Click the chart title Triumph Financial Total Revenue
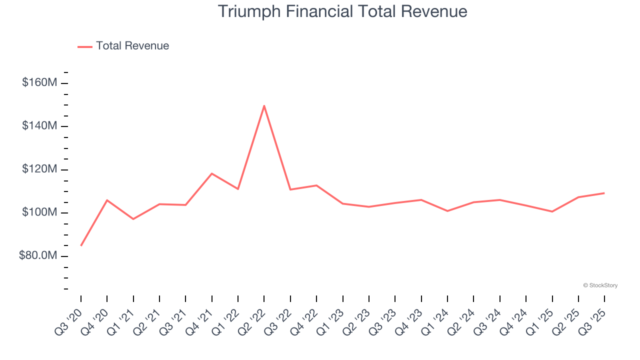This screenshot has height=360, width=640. click(x=342, y=11)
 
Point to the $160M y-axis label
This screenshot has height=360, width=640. click(x=39, y=82)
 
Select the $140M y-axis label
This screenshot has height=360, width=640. click(x=39, y=126)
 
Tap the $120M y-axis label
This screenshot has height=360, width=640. click(x=39, y=169)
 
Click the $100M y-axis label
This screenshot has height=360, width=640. click(x=39, y=213)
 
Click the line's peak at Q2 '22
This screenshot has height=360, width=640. click(x=264, y=105)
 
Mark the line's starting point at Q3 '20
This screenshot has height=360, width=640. click(x=81, y=245)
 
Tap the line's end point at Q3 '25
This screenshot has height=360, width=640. click(x=604, y=193)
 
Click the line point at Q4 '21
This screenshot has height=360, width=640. click(x=212, y=173)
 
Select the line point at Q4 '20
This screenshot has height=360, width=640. click(x=107, y=200)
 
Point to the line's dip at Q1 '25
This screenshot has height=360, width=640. click(x=552, y=211)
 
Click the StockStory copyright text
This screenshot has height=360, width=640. click(x=600, y=285)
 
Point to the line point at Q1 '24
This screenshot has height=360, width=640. click(x=447, y=211)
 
